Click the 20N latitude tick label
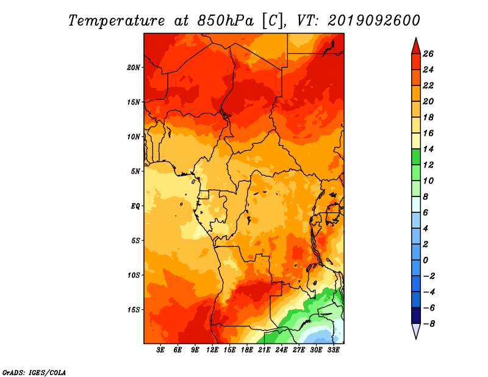(134, 68)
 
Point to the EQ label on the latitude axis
(135, 206)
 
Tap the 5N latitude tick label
(135, 171)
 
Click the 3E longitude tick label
(160, 350)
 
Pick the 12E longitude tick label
(212, 350)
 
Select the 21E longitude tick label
(264, 350)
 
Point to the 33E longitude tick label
(333, 350)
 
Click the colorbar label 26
(428, 54)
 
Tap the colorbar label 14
(428, 149)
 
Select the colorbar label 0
(425, 260)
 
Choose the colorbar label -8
(429, 324)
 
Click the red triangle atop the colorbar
(416, 47)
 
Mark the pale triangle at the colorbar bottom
(416, 331)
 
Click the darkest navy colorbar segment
(416, 315)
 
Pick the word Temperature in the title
(117, 21)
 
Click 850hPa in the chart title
(225, 21)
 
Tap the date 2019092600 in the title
(374, 21)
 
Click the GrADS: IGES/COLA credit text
(34, 373)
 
